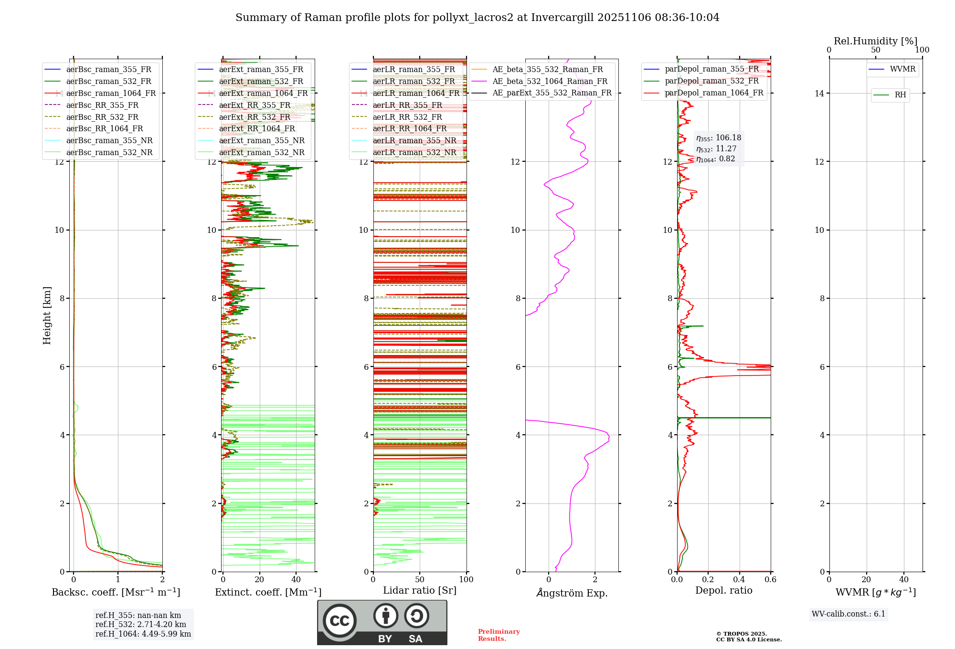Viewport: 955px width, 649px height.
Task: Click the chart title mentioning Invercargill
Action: coord(477,18)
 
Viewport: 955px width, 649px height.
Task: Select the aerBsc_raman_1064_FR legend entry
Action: coord(111,93)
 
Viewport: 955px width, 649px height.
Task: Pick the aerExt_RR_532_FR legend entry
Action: coord(255,117)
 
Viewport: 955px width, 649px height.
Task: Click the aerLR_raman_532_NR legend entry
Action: coord(414,152)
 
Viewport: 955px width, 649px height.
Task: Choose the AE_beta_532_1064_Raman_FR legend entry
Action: coord(550,81)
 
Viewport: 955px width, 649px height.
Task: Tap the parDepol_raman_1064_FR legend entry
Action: coord(714,93)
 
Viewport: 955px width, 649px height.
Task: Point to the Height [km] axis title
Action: coord(47,315)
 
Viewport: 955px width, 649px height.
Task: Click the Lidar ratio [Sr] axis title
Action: coord(420,590)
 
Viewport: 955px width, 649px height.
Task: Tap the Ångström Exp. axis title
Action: coord(572,593)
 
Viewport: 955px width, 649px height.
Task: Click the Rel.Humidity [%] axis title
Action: coord(875,41)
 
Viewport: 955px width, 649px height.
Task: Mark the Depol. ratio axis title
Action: coord(723,590)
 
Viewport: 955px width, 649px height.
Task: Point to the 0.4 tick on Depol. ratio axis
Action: coord(739,579)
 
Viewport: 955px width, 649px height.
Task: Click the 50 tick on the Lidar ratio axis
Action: coord(420,579)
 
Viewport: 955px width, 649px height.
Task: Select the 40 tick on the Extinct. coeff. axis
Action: coord(296,579)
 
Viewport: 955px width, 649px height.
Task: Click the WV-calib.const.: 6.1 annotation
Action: coord(849,614)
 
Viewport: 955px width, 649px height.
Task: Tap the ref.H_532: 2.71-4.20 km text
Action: coord(141,624)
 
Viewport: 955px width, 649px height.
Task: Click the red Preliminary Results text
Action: coord(499,635)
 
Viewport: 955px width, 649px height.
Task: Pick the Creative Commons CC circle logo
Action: coord(340,620)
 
